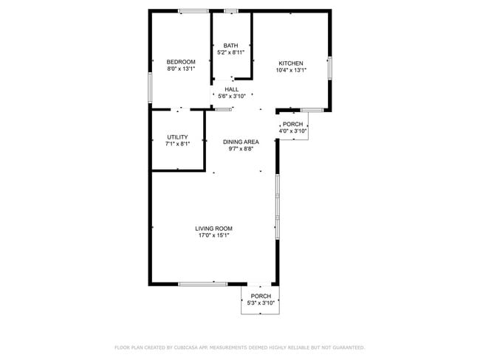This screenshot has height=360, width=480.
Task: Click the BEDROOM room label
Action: point(181,62)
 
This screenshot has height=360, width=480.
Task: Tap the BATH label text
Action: point(231,46)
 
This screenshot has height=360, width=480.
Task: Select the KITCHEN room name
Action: point(291,63)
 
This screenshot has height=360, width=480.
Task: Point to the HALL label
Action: point(232,89)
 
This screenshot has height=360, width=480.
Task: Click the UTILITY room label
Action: point(177,136)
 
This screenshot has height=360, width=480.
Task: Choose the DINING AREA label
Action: point(241,142)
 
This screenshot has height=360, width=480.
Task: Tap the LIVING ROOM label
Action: point(214,228)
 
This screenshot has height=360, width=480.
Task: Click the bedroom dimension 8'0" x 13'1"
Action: point(181,69)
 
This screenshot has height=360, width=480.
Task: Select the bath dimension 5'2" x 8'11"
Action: point(231,53)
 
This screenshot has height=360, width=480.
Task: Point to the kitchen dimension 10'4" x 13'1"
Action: point(291,70)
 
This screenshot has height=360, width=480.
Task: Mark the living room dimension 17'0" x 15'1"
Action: point(214,235)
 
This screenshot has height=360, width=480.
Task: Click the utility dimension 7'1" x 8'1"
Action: point(177,144)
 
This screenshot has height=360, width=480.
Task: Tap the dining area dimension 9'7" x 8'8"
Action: point(241,149)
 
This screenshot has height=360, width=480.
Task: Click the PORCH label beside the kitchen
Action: point(292,124)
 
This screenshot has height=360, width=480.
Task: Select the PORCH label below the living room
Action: point(261,296)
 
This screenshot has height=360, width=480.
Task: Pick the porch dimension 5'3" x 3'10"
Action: point(261,303)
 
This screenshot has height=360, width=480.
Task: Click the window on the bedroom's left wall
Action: point(150,87)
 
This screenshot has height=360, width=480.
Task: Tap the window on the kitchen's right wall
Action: point(330,67)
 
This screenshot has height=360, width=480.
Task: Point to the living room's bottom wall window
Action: point(202,283)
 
